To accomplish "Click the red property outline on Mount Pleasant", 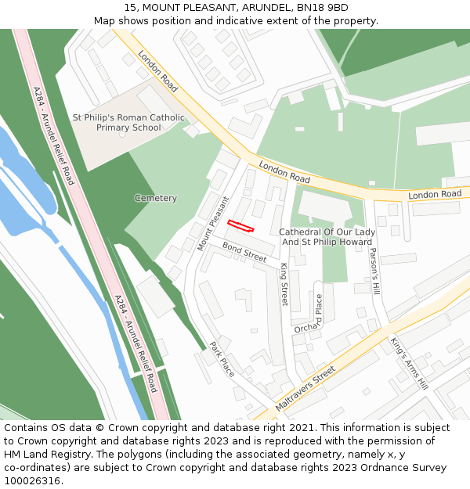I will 240,226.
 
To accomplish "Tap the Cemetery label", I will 155,198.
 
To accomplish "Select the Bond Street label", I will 244,251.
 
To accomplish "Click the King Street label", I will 284,284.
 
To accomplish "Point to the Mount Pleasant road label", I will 212,223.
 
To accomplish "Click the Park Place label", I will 222,359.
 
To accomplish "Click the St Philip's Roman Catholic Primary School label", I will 128,123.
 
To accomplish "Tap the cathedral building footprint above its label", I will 325,206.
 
